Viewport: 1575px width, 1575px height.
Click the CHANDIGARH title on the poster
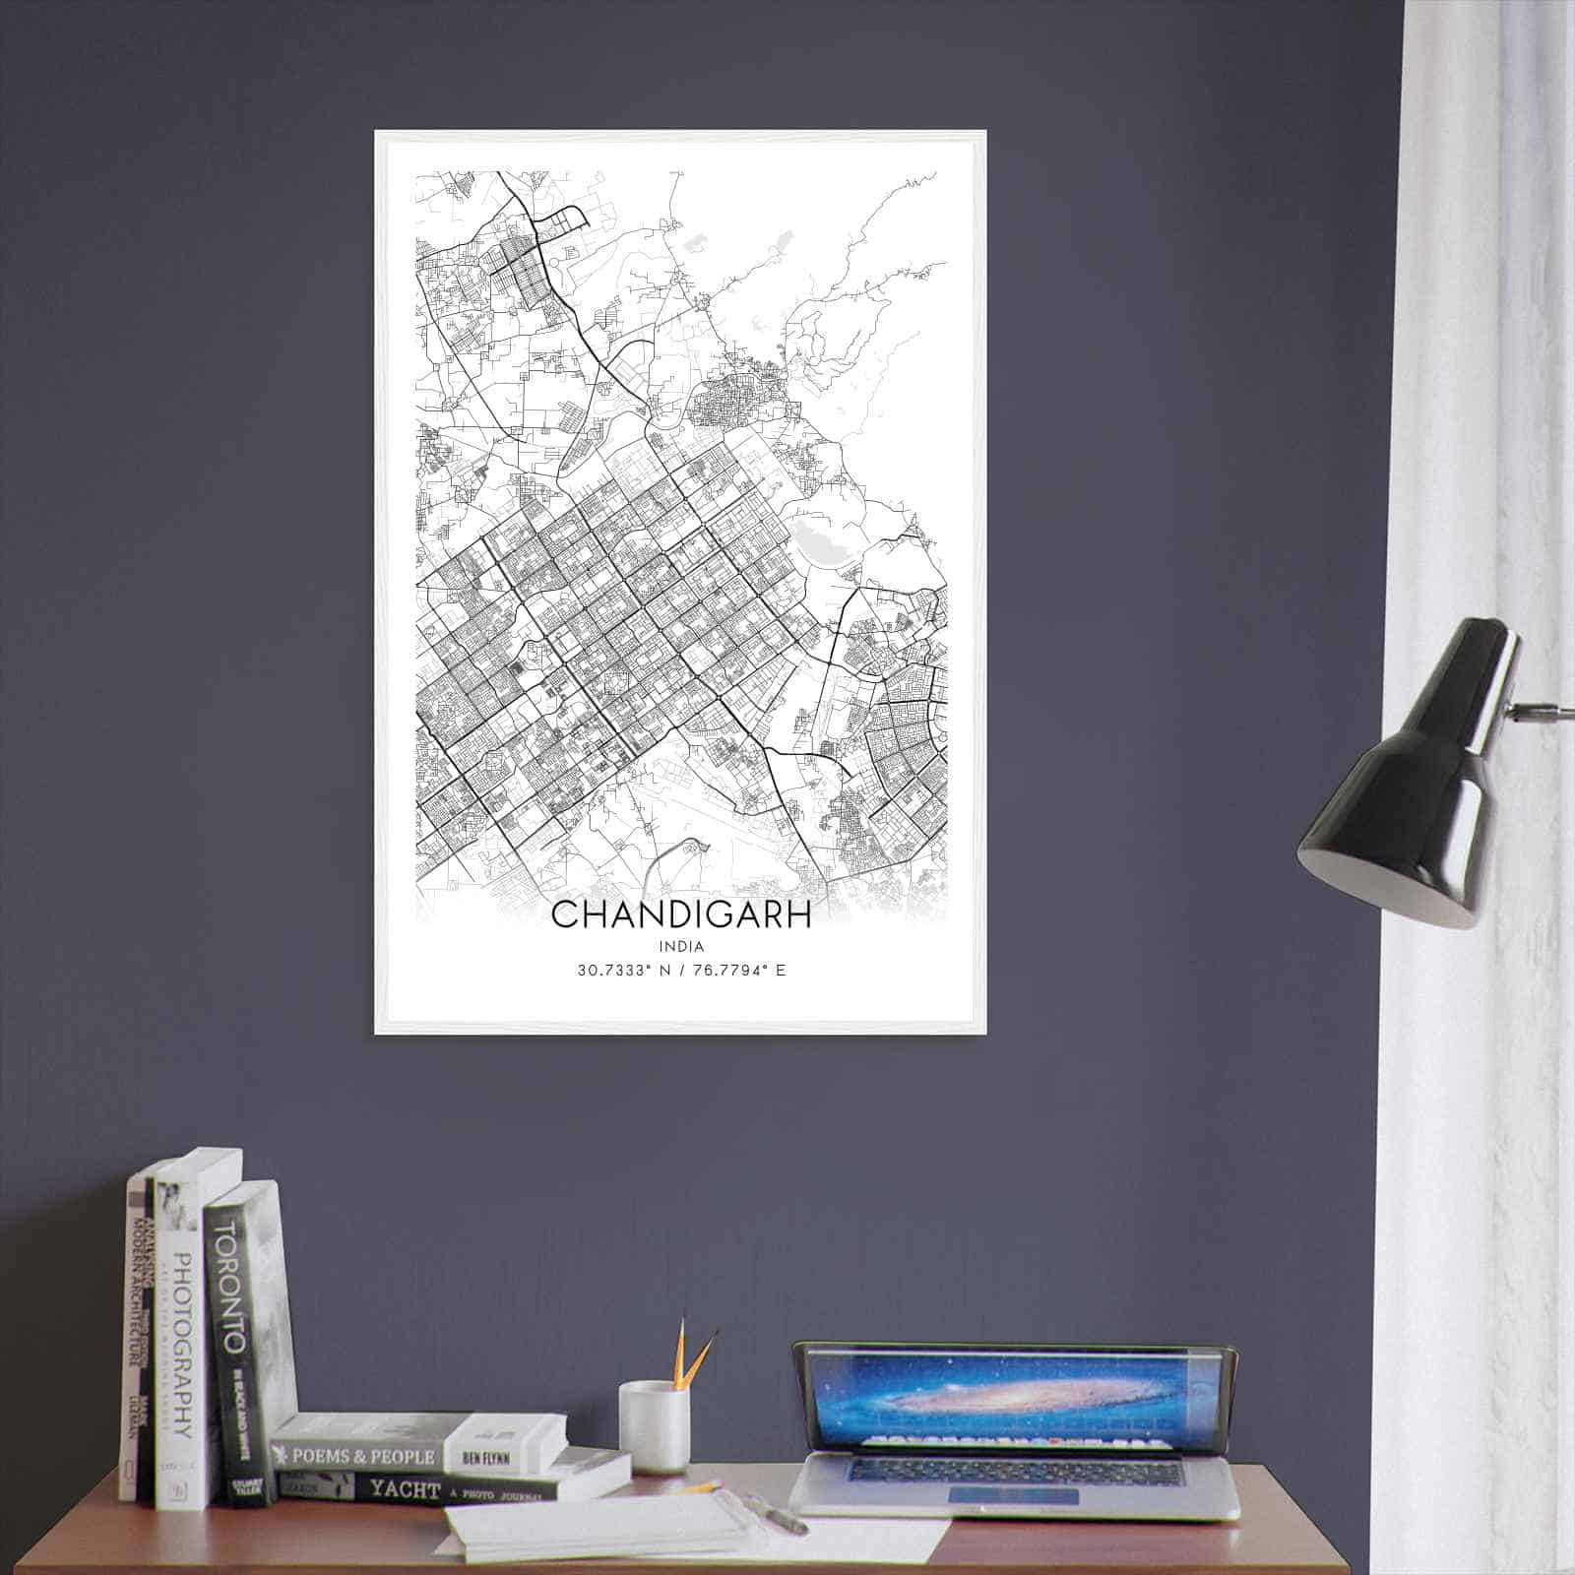[x=681, y=914]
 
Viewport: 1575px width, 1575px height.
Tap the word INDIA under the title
[x=682, y=947]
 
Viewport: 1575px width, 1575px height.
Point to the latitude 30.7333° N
[x=624, y=971]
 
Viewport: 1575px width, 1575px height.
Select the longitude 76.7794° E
[x=740, y=971]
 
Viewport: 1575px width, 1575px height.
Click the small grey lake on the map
[x=816, y=540]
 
